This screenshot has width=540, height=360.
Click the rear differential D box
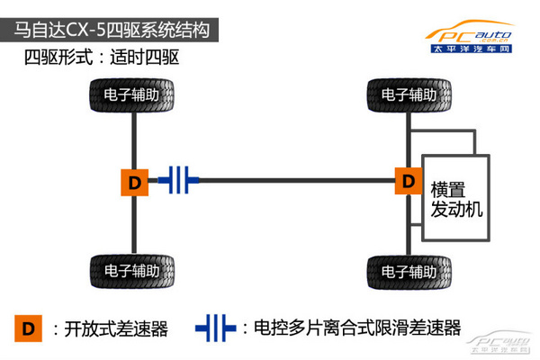click(134, 182)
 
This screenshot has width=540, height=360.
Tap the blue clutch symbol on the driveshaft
click(179, 181)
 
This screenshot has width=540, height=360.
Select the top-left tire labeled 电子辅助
click(133, 94)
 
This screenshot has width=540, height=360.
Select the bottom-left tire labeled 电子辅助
click(133, 270)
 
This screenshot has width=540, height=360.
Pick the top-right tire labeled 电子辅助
click(410, 94)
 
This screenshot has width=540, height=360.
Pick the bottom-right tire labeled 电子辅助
click(410, 270)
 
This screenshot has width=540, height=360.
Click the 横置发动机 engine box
click(455, 195)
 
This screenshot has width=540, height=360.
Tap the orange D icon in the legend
click(30, 328)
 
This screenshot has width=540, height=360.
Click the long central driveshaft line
click(297, 181)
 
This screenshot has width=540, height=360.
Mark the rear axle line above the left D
click(134, 139)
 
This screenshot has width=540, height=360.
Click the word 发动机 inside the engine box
click(457, 210)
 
